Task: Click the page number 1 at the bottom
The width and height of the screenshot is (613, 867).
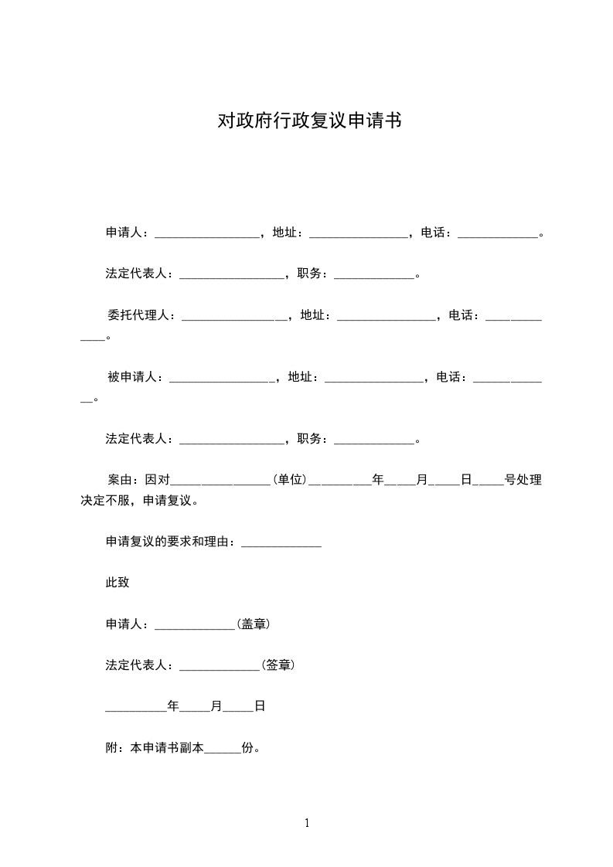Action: (307, 823)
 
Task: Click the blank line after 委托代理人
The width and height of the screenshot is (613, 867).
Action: (232, 317)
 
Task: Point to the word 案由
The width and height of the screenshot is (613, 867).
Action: (119, 480)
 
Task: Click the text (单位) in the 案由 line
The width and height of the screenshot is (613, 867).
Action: (290, 480)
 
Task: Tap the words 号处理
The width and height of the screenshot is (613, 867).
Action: (523, 480)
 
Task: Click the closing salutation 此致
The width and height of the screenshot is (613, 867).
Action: (117, 583)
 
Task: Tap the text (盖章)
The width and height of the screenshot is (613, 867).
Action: (254, 624)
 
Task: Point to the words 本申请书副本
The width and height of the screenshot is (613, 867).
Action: (166, 748)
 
